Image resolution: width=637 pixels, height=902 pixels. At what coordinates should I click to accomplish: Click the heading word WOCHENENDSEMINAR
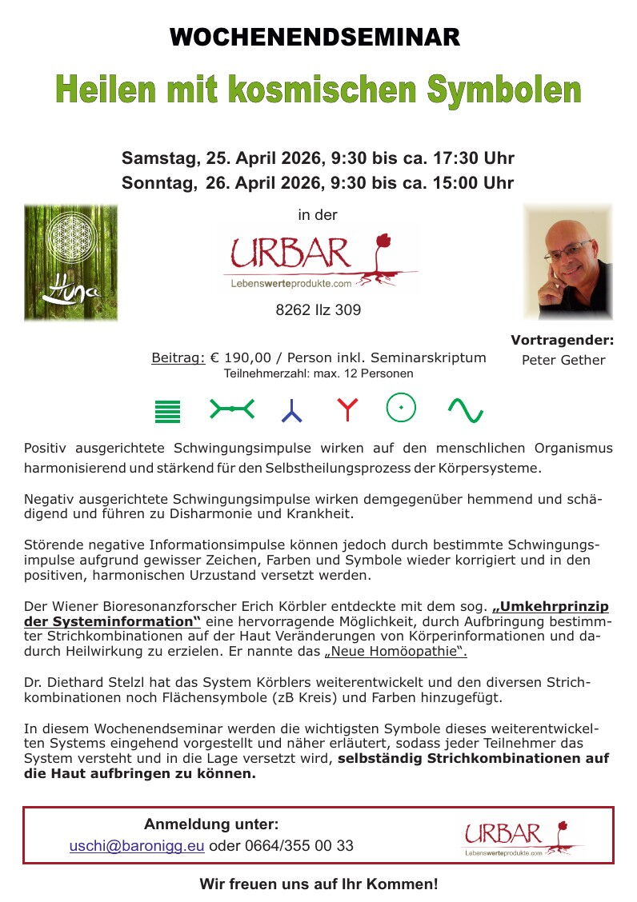tap(314, 38)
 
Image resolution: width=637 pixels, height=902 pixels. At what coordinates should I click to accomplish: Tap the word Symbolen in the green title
tap(503, 90)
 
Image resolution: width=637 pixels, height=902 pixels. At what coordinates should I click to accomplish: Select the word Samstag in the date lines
tap(156, 158)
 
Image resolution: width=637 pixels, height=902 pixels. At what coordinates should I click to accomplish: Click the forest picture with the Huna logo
tap(70, 262)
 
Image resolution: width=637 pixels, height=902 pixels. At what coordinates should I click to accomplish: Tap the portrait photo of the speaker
tap(567, 261)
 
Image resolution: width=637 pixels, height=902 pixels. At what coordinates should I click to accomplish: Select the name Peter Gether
tap(563, 360)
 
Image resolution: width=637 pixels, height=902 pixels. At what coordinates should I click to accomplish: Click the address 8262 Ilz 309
tap(318, 310)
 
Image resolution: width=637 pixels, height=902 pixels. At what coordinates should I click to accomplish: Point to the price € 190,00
tap(246, 357)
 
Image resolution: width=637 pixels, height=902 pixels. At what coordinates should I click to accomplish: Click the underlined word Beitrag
tap(178, 357)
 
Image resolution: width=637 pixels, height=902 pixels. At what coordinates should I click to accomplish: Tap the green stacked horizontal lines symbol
tap(167, 410)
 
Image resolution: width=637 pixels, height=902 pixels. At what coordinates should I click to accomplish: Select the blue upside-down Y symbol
tap(291, 411)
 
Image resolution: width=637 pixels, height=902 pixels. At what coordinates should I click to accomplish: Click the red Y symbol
tap(347, 409)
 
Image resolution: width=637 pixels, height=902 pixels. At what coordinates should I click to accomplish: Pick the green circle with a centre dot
tap(401, 408)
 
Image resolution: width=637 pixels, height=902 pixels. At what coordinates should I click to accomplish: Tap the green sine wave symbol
tap(465, 410)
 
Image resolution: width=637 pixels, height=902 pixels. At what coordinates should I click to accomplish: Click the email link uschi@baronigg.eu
tap(137, 846)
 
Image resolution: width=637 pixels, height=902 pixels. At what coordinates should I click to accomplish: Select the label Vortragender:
tap(562, 340)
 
